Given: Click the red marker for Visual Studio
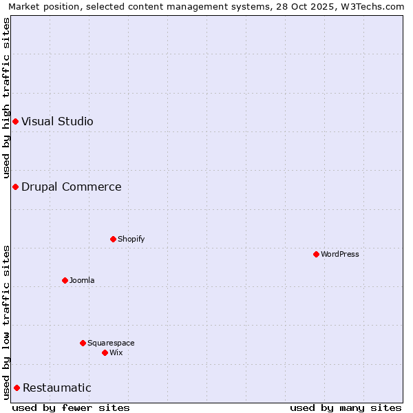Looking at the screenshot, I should pos(15,122).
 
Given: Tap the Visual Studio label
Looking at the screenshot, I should pos(57,122).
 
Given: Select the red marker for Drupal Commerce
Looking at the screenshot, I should pos(15,187).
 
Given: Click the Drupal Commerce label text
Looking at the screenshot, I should pos(71,187).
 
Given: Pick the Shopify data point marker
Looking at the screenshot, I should pos(113,240).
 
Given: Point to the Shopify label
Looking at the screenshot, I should pos(131,240).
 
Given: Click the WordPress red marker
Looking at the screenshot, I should pos(316,255).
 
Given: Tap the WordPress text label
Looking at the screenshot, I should pos(339,255).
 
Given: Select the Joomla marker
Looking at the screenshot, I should pos(65,281).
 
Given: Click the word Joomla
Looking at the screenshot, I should pos(82,281).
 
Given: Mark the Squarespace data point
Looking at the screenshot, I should pos(83,343).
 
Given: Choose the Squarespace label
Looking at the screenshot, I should pos(111,343).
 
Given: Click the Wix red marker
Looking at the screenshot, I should pos(105,353).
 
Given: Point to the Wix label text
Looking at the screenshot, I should pos(116,353).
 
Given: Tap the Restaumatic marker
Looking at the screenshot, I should pos(17,388).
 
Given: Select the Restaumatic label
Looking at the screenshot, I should pos(56,388).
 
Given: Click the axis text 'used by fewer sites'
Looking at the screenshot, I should pos(71,408).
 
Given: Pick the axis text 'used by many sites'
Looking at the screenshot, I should pos(346,408).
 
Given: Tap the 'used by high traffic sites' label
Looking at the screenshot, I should pos(7,98).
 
